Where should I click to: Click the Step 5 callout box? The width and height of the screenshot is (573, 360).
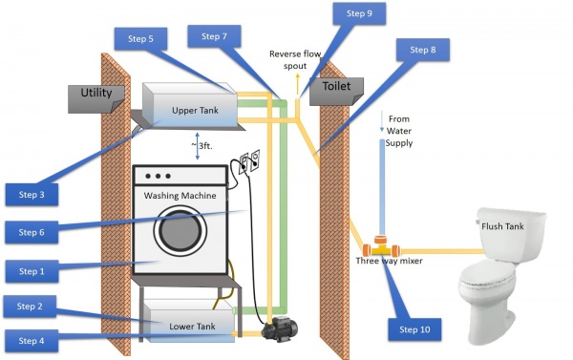140,39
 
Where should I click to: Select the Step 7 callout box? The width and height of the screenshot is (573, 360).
214,36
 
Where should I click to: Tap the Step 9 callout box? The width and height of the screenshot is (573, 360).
359,13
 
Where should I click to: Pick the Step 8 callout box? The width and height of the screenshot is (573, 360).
423,50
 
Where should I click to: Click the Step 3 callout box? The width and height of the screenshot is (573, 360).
32,195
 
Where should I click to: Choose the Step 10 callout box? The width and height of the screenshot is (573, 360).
414,329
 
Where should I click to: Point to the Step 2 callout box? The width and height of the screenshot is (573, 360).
30,307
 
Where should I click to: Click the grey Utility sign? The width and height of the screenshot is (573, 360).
96,98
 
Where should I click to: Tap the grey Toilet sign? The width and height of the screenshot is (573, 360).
336,92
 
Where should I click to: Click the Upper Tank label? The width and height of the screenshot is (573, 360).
195,111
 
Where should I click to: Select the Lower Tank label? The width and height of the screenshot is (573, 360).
192,327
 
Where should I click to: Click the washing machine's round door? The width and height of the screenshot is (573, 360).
180,231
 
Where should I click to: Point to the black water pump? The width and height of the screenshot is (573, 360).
280,328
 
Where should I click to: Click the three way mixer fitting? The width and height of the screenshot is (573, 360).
381,247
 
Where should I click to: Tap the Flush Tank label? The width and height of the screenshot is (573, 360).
502,226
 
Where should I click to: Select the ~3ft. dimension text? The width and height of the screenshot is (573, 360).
202,146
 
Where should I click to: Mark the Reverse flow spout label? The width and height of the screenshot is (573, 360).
295,60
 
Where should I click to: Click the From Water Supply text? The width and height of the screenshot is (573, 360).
398,131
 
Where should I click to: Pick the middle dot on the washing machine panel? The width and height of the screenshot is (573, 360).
158,176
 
